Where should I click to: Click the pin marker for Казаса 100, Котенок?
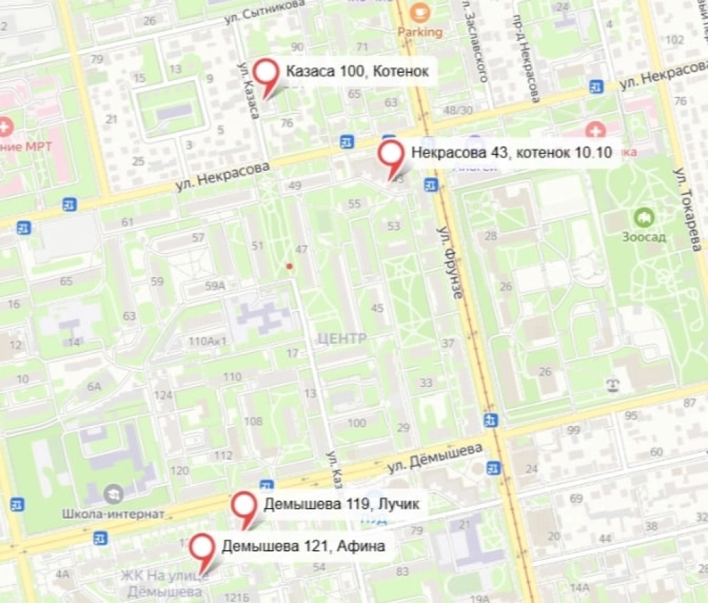click(267, 72)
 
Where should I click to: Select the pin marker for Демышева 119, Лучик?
click(245, 505)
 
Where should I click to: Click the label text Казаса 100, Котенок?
click(357, 72)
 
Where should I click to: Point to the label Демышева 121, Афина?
click(303, 546)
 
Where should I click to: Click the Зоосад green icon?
click(644, 217)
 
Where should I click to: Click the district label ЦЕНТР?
click(343, 339)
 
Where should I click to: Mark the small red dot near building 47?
click(288, 266)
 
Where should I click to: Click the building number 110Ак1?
click(207, 342)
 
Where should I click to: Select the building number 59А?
click(215, 286)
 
